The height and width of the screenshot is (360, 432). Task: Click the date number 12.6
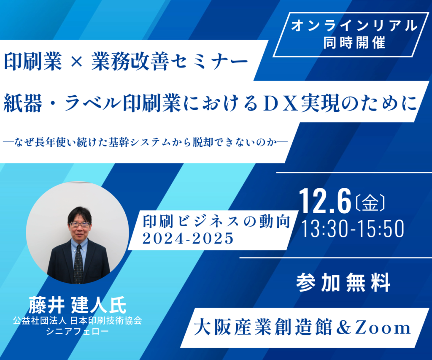coord(325,201)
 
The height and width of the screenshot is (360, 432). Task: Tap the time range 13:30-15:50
coord(353,229)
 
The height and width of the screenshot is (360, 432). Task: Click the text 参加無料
coord(343,282)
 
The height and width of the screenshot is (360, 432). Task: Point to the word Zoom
coord(383,328)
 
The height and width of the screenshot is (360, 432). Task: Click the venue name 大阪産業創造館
coord(263,328)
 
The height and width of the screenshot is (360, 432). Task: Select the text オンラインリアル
coord(354,26)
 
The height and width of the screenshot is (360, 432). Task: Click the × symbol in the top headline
coord(77,62)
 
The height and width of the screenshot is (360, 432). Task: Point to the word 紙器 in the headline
coord(23,103)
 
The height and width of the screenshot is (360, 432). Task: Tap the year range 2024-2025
coord(188,238)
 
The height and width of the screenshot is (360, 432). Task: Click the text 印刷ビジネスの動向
coord(216,222)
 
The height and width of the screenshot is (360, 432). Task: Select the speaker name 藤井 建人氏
coord(78,305)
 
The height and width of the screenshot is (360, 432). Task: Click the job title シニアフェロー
coord(78,331)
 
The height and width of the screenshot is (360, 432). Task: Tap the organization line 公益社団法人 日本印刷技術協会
coord(78,321)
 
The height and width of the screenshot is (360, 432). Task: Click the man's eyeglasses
coord(80,224)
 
